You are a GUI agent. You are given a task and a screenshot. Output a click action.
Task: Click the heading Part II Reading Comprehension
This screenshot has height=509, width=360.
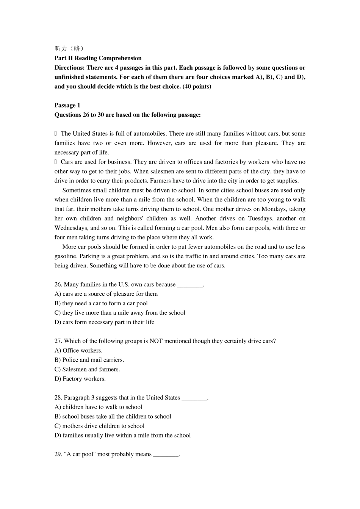coord(98,58)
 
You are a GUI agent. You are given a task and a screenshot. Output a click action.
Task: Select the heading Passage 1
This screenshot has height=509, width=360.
coord(67,105)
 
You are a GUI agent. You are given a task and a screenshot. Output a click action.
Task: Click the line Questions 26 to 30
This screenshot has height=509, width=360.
coord(127,115)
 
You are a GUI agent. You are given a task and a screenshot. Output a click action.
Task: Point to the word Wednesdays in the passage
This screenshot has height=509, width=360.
coord(70,228)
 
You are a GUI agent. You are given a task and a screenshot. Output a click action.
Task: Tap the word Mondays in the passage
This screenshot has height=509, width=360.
coord(274,209)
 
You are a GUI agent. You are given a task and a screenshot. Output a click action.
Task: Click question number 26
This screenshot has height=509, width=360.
coord(58,284)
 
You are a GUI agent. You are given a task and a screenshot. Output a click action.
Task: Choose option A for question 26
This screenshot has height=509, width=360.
coord(106,294)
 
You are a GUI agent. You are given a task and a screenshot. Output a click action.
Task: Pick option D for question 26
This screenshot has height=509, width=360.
coord(104,322)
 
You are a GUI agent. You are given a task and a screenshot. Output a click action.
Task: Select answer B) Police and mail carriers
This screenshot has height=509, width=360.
coord(89,360)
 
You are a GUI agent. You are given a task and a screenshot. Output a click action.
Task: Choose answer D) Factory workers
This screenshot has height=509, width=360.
coord(80,379)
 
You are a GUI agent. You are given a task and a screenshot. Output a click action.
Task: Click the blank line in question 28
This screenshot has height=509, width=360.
coord(195,398)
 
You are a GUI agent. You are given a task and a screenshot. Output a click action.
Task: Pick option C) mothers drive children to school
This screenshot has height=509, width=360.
coord(99,426)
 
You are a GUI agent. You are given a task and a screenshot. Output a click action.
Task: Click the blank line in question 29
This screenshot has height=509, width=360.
coord(166,454)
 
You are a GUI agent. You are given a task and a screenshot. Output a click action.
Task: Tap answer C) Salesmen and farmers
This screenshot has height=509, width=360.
coord(87,369)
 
